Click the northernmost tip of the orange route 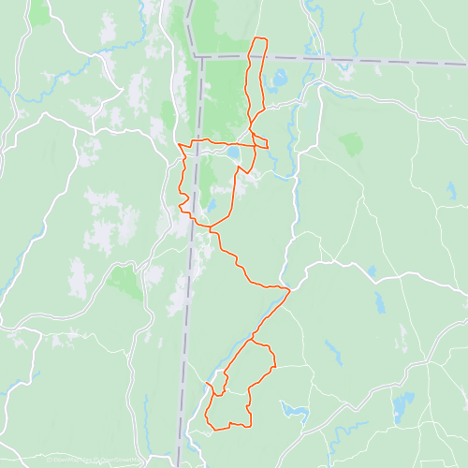click(259, 38)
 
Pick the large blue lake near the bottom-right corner click(404, 405)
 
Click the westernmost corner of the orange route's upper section click(179, 146)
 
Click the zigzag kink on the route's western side click(183, 199)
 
